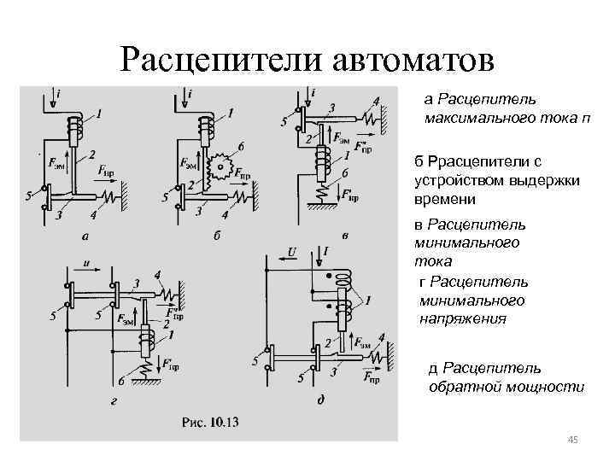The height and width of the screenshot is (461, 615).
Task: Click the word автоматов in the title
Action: (x=408, y=60)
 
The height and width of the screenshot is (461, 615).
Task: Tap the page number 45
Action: (x=573, y=440)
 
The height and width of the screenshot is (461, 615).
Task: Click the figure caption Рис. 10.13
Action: (x=210, y=422)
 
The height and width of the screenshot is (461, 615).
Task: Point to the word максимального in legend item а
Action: (x=469, y=117)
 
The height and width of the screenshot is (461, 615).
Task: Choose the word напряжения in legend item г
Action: (x=462, y=318)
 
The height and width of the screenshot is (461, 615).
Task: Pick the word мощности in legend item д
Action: (x=551, y=387)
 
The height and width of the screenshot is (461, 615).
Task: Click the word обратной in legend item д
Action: (x=461, y=387)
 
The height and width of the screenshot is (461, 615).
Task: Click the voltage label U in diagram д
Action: (x=291, y=252)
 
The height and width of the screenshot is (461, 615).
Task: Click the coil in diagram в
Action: (x=325, y=161)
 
